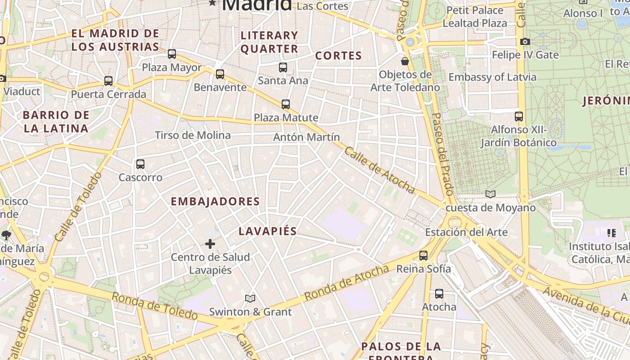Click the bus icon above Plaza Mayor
click(172, 54)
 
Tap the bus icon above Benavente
click(220, 74)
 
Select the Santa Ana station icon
click(283, 67)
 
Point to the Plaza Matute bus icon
click(286, 104)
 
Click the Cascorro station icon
click(140, 164)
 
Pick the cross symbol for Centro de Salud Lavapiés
click(210, 244)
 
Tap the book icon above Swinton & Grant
click(250, 298)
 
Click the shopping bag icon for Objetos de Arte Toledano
click(405, 61)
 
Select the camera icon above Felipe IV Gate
click(525, 42)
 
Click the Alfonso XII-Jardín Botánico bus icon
click(519, 117)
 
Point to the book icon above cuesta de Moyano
click(490, 194)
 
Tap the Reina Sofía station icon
click(423, 256)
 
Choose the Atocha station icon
click(439, 294)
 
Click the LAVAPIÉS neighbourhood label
click(268, 231)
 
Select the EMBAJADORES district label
click(215, 202)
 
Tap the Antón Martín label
click(306, 137)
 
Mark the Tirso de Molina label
click(193, 135)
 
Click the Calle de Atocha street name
click(379, 170)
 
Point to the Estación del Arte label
click(466, 233)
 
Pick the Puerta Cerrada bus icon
click(108, 81)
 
